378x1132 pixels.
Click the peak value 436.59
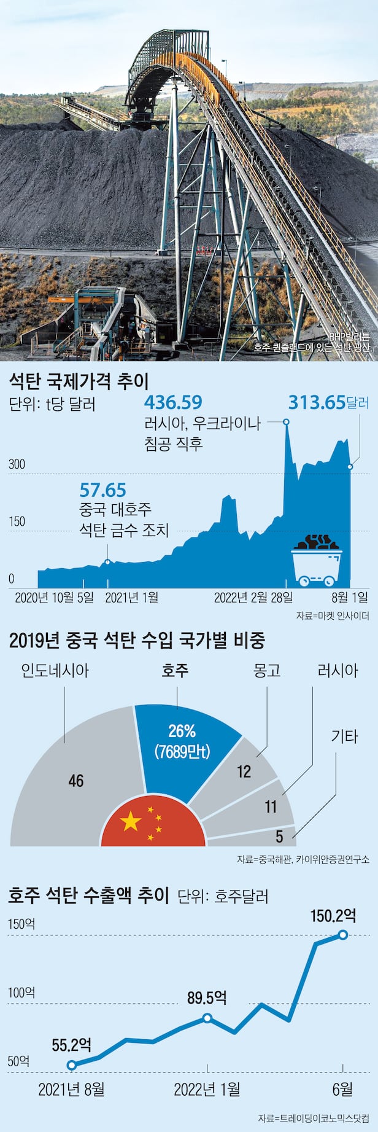pyautogui.click(x=173, y=402)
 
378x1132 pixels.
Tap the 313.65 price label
pyautogui.click(x=317, y=402)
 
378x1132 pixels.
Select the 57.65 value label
pyautogui.click(x=102, y=490)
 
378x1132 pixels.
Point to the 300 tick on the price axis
pyautogui.click(x=17, y=464)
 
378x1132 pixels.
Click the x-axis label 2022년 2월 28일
pyautogui.click(x=253, y=597)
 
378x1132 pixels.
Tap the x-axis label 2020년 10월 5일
pyautogui.click(x=53, y=597)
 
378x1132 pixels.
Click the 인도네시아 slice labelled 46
pyautogui.click(x=76, y=781)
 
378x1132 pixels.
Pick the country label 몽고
pyautogui.click(x=267, y=670)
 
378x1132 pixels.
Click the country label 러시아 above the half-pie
pyautogui.click(x=337, y=670)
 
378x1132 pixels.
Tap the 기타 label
pyautogui.click(x=344, y=736)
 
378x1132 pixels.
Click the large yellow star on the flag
pyautogui.click(x=131, y=821)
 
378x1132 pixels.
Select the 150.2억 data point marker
pyautogui.click(x=342, y=934)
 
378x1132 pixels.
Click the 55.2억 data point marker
pyautogui.click(x=72, y=1065)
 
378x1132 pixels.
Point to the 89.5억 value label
pyautogui.click(x=207, y=998)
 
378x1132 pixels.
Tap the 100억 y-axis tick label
pyautogui.click(x=21, y=993)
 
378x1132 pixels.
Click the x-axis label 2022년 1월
pyautogui.click(x=207, y=1089)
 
